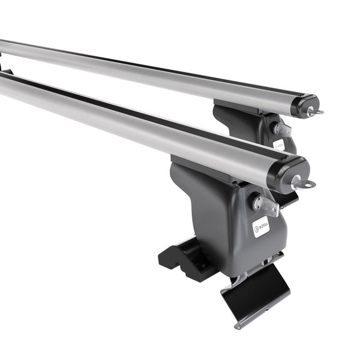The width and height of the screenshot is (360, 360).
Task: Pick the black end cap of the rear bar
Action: click(306, 106)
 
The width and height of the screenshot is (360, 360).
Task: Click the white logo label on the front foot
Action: click(261, 226)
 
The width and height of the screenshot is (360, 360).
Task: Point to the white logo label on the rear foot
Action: click(279, 144)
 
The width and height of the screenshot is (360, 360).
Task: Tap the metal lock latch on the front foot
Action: click(265, 205)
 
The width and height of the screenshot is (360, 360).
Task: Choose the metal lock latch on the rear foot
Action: click(282, 129)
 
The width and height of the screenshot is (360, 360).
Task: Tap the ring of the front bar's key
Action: click(307, 184)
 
